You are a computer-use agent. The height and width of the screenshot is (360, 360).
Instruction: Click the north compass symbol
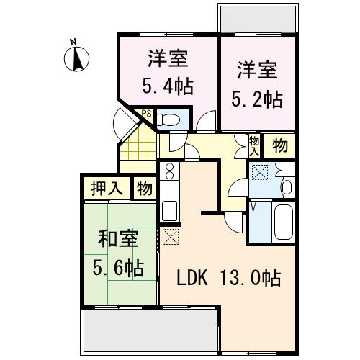[x=76, y=58]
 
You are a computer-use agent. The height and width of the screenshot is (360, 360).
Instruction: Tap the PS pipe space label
[x=147, y=114]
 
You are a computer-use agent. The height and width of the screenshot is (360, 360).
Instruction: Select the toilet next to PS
[x=168, y=120]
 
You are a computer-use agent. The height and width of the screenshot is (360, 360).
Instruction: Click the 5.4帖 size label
[x=168, y=86]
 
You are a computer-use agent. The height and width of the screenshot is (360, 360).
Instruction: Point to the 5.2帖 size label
[x=257, y=99]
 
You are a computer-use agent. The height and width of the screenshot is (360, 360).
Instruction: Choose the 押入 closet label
[x=107, y=188]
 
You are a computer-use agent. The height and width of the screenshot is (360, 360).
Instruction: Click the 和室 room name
[x=118, y=239]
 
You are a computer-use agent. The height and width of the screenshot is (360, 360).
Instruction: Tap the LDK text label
[x=192, y=278]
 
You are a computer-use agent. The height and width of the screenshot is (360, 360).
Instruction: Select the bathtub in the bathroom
[x=284, y=222]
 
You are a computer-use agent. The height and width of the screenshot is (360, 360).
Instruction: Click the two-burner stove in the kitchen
[x=169, y=171]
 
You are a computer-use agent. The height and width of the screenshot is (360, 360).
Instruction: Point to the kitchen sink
[x=169, y=211]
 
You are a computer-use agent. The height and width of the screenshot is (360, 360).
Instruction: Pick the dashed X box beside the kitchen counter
[x=171, y=237]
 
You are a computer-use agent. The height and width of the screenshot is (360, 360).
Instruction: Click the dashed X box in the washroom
[x=259, y=172]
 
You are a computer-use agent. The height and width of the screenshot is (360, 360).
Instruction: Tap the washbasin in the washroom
[x=287, y=187]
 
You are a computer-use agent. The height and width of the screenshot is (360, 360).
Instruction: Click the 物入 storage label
[x=254, y=145]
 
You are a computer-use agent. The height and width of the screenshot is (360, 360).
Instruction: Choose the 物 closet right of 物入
[x=280, y=145]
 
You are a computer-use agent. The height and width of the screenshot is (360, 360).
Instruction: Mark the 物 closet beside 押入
[x=145, y=188]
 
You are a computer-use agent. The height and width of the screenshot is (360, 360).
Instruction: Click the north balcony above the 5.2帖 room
[x=258, y=19]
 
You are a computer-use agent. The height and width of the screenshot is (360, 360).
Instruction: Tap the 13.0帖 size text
[x=251, y=278]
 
